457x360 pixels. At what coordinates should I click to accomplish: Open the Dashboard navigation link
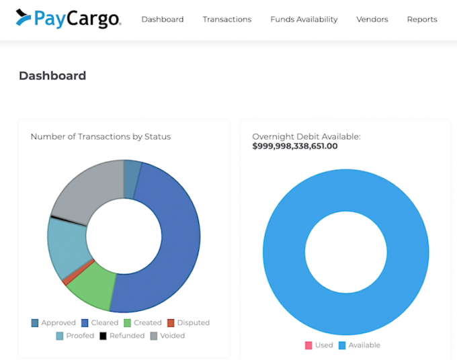pos(162,19)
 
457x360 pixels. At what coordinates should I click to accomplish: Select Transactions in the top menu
pos(227,19)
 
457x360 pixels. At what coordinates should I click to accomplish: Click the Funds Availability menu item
pos(304,19)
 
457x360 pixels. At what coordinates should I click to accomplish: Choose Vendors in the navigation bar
pos(372,19)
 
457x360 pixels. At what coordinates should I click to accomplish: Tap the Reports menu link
pos(422,19)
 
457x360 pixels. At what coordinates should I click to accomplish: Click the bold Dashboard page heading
pos(52,76)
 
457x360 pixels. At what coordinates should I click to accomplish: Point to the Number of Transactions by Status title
pos(100,136)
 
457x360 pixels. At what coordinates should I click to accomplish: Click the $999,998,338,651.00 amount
pos(295,146)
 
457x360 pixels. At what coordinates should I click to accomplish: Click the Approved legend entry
pos(53,323)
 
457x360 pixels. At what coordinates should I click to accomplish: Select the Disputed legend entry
pos(188,323)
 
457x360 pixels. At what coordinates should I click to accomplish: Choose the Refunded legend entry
pos(122,336)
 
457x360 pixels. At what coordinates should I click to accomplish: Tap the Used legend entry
pos(319,345)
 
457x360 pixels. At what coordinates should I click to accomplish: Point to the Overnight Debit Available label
pos(306,136)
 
